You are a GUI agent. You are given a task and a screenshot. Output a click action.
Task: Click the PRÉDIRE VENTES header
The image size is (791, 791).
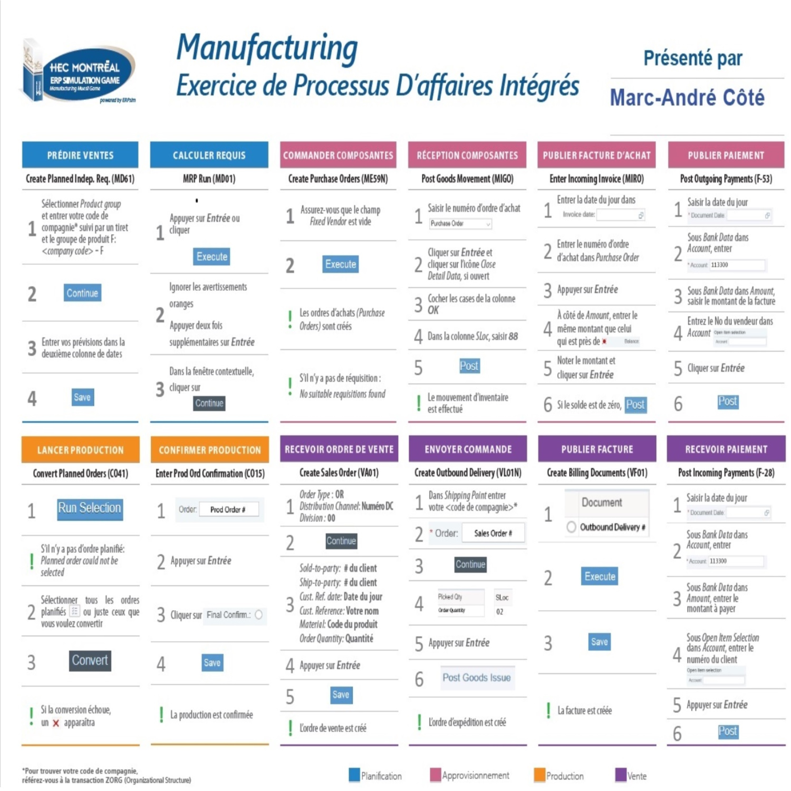80,155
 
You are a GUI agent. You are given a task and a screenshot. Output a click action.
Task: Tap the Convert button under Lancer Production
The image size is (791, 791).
90,660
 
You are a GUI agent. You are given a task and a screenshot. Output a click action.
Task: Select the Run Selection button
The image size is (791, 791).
90,509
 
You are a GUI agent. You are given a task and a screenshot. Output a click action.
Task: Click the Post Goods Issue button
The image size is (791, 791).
476,678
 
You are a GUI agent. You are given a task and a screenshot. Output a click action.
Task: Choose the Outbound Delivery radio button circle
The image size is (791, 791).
571,527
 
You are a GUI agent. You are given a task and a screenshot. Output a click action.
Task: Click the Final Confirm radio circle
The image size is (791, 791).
259,615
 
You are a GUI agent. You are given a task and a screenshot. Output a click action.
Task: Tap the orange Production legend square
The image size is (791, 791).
540,775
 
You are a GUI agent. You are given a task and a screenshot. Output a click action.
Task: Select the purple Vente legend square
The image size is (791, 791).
621,775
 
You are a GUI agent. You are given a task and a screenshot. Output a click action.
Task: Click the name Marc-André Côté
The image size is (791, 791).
687,98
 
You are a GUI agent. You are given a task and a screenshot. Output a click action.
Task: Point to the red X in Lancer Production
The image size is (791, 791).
56,723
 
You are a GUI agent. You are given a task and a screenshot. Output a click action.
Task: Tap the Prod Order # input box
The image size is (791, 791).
228,509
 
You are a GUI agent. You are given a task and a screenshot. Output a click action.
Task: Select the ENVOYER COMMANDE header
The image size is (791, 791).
468,449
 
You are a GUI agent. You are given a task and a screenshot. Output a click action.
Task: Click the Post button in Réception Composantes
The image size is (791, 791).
469,366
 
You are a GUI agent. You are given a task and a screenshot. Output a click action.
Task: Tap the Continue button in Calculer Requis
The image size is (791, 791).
209,403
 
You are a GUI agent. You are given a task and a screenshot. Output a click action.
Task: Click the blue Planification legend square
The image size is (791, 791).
354,775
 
